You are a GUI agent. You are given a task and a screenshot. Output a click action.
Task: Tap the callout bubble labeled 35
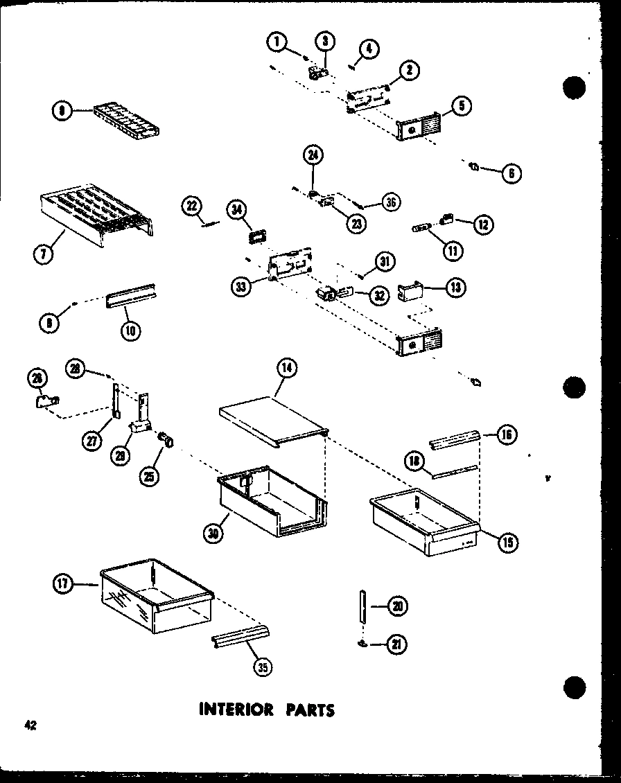263,667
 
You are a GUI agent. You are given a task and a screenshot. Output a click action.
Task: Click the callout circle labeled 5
462,106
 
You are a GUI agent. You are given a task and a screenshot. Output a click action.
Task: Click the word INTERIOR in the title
231,709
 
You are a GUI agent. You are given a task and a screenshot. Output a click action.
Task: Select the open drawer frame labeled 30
270,502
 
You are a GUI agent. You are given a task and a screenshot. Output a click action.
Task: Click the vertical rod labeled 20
362,608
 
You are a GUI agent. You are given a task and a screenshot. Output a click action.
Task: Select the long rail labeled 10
130,297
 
